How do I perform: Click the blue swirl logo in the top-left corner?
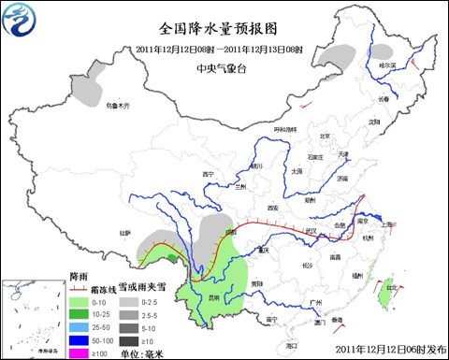tap(20, 18)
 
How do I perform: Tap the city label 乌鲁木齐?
tap(119, 107)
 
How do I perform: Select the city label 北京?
tap(326, 137)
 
